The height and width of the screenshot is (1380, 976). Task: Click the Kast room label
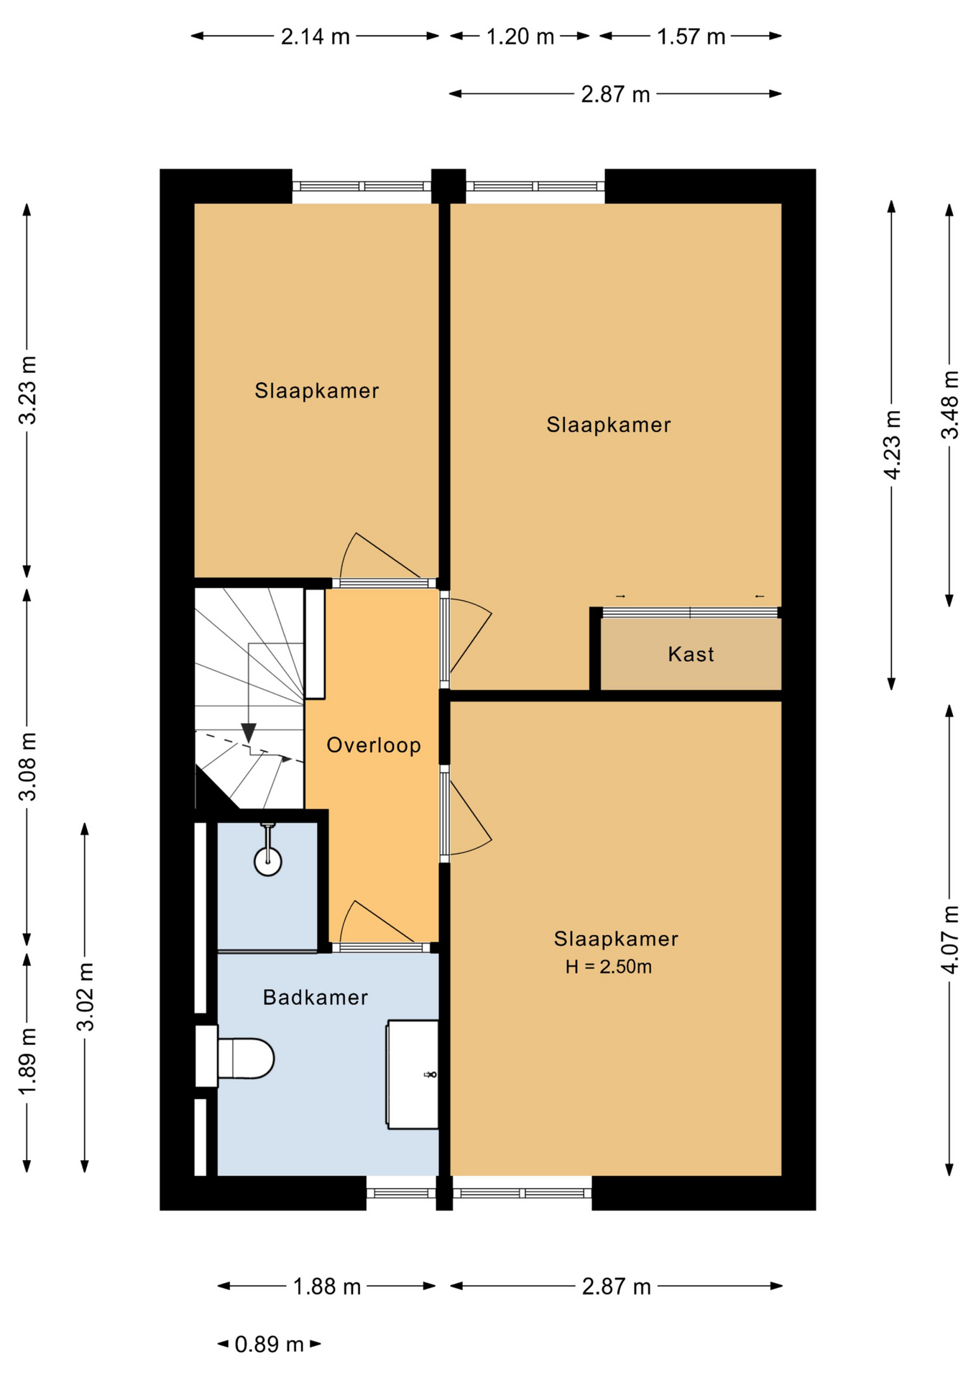691,654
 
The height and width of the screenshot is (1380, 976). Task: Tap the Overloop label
374,745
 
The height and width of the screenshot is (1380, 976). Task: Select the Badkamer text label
316,997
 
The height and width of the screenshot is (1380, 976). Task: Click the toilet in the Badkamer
236,1057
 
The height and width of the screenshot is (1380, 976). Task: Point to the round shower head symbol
268,861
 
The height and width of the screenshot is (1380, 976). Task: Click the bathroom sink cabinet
413,1074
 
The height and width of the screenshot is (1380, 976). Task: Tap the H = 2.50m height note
608,967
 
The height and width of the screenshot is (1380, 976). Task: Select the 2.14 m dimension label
315,36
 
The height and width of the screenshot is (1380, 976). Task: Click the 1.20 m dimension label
520,36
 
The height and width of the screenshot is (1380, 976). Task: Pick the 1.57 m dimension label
691,36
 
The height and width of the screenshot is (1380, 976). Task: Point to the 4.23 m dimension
892,445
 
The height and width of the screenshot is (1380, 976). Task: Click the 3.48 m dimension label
950,405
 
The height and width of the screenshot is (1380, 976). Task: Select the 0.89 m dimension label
269,1343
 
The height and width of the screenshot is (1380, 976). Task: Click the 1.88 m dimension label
327,1286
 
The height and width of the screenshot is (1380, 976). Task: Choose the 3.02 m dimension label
86,997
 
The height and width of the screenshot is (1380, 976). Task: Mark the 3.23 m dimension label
27,390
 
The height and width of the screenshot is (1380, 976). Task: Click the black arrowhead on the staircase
249,733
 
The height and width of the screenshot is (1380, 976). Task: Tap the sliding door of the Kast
691,612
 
